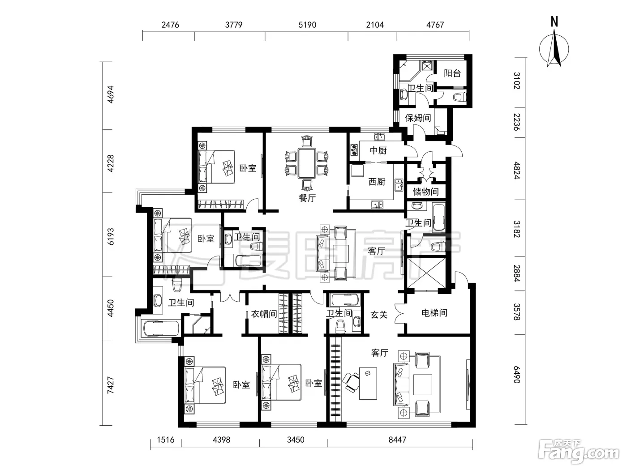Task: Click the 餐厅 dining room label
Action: (307, 197)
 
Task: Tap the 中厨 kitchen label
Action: (378, 150)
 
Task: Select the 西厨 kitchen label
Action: (377, 181)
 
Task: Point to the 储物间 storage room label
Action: (425, 192)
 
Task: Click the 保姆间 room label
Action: (418, 118)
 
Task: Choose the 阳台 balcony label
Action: (452, 73)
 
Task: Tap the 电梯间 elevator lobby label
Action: (434, 313)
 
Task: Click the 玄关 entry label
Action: (379, 315)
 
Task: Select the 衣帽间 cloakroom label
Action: (264, 314)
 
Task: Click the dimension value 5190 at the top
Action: (307, 25)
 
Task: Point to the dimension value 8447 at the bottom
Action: (397, 440)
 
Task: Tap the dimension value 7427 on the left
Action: (110, 385)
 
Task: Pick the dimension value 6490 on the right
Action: (517, 374)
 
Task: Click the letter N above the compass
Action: (554, 21)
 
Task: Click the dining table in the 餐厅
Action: (306, 162)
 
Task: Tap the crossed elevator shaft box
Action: (426, 273)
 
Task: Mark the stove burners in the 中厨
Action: (354, 150)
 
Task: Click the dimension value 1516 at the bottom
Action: (166, 440)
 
